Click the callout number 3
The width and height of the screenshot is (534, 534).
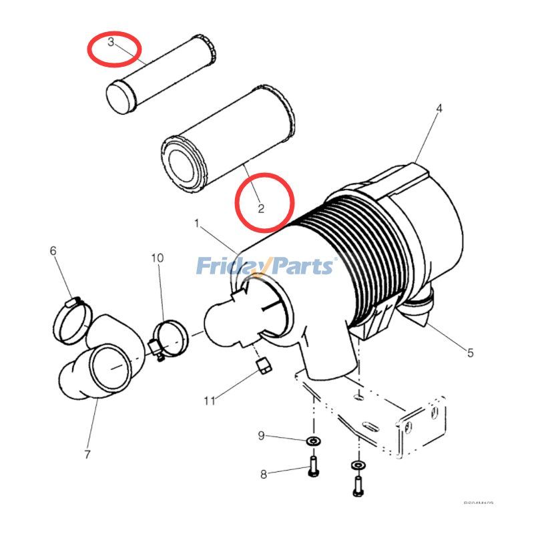click(x=111, y=43)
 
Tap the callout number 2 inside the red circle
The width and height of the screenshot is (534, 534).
click(x=261, y=208)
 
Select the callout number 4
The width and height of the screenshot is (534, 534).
click(x=439, y=107)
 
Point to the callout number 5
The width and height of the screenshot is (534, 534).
click(x=470, y=352)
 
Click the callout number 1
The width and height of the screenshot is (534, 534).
click(x=197, y=221)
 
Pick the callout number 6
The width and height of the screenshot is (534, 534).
click(x=53, y=251)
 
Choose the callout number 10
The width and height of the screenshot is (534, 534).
click(x=157, y=258)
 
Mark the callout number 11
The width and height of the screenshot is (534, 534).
click(x=210, y=400)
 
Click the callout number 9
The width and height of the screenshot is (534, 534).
click(x=262, y=436)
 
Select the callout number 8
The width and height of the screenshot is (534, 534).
click(x=263, y=474)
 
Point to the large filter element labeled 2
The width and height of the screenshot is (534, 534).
click(x=227, y=140)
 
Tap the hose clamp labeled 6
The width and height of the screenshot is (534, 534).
click(x=72, y=318)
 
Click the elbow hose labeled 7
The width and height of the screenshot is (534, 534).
click(x=100, y=364)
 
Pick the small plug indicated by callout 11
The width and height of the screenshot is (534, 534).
click(x=262, y=365)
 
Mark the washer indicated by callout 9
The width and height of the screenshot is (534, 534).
click(x=312, y=442)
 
